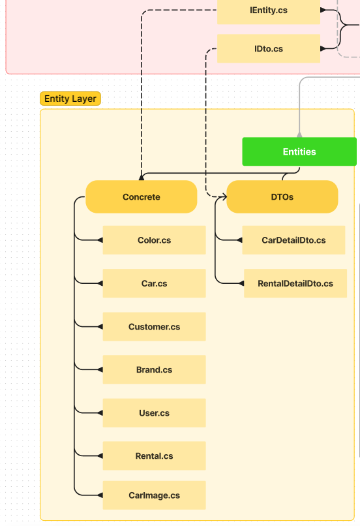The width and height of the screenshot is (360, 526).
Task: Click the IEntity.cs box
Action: (x=269, y=11)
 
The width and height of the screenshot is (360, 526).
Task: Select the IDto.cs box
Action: (x=269, y=49)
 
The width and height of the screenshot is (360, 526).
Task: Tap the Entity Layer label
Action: (x=70, y=99)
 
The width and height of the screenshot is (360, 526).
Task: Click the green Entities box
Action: (x=299, y=151)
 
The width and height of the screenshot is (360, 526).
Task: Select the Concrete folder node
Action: (x=142, y=197)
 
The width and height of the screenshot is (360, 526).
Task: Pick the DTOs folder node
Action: (x=282, y=197)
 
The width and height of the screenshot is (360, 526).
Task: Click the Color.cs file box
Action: (x=154, y=240)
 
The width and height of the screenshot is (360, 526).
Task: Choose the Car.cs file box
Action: (x=154, y=284)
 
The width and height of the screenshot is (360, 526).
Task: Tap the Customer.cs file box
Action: (x=154, y=327)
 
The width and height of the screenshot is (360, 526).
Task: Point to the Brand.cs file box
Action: (x=154, y=370)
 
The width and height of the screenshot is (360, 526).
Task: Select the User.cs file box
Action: (x=154, y=413)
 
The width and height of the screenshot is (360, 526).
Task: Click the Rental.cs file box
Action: (x=154, y=456)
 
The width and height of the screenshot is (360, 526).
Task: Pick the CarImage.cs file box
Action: (x=154, y=495)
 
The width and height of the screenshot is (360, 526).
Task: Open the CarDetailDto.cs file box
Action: (x=293, y=240)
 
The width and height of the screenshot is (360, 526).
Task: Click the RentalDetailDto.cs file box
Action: (x=295, y=284)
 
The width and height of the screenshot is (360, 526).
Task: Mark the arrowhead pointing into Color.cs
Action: (x=100, y=240)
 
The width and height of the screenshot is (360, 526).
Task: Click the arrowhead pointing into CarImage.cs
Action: (x=100, y=495)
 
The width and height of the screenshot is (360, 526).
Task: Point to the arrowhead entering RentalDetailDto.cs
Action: (x=241, y=284)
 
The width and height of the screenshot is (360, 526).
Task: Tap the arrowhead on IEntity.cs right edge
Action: (x=323, y=10)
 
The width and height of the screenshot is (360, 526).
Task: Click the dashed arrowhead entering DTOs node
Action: (x=223, y=196)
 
